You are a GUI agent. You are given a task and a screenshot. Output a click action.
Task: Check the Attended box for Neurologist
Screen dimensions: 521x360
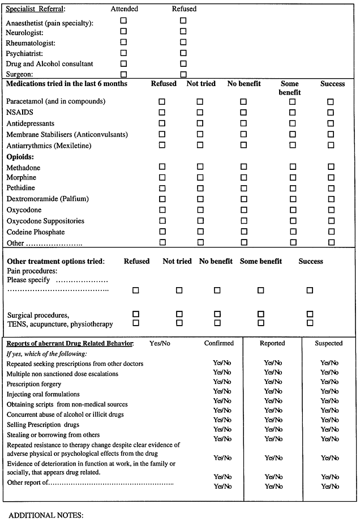[123, 31]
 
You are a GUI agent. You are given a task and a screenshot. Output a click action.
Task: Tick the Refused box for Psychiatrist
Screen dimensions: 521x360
[183, 53]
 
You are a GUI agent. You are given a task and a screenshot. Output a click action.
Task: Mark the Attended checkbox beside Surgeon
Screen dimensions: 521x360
[123, 74]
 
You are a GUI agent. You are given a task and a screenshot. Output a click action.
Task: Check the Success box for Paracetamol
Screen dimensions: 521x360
[331, 101]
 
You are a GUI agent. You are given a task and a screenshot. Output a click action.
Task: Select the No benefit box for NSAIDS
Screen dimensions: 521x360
[243, 112]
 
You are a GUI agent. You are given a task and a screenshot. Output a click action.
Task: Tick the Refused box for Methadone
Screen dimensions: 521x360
[162, 167]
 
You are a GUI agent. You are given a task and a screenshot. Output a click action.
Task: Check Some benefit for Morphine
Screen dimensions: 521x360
[293, 178]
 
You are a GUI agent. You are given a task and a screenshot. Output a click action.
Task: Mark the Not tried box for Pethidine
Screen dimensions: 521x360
[200, 189]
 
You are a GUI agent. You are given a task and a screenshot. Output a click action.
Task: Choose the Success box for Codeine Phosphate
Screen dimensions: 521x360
[331, 232]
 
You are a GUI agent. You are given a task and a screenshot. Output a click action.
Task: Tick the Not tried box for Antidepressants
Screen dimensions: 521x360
[200, 123]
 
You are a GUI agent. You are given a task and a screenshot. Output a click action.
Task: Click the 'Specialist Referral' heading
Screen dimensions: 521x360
[35, 9]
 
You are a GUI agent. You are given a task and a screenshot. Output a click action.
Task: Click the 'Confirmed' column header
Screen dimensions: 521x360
[218, 343]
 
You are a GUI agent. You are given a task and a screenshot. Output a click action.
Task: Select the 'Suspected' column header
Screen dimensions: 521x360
[329, 343]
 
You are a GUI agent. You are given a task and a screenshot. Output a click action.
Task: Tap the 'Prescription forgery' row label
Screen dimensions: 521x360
[34, 384]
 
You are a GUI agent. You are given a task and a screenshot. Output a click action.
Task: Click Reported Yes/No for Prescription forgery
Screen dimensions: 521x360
[273, 382]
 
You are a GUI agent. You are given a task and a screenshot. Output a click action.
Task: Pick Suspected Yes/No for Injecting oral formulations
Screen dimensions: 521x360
[329, 391]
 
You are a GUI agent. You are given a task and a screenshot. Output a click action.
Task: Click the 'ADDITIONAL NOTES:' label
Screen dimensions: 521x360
[46, 515]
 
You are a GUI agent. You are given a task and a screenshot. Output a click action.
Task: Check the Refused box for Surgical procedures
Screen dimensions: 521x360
[135, 314]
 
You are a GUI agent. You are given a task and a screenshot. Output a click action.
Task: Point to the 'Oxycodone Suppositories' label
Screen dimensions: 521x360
[45, 221]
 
